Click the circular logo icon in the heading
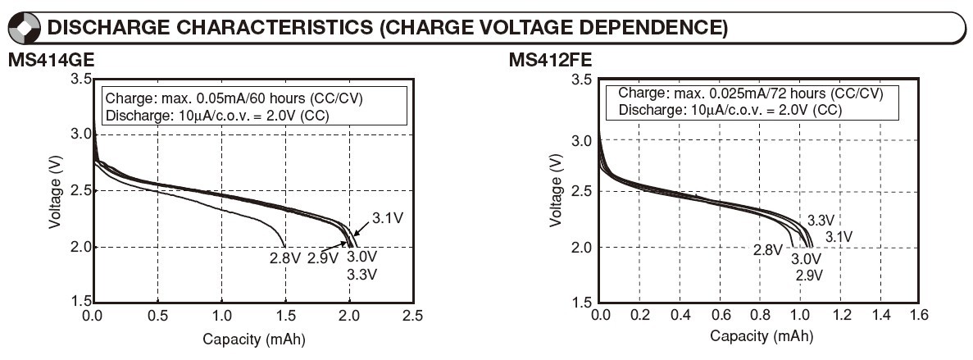click(25, 28)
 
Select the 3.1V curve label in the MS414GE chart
click(386, 218)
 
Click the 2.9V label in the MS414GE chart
click(322, 259)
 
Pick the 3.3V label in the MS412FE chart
click(821, 221)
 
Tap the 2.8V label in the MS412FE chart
click(768, 250)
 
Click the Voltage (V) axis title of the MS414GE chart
click(55, 191)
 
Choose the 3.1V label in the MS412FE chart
click(839, 236)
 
